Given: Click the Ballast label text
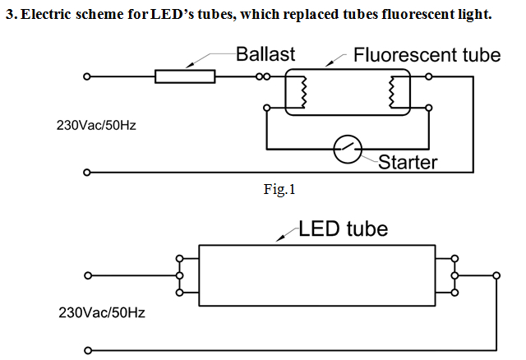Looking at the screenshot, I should click(265, 55).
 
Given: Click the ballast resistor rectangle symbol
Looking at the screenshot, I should click(185, 76).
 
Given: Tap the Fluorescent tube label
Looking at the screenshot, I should click(427, 55).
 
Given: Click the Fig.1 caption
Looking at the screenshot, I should click(279, 191).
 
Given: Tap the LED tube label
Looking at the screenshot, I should click(343, 228).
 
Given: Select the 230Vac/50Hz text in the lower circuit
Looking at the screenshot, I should click(93, 313).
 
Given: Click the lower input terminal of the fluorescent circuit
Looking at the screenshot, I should click(87, 173).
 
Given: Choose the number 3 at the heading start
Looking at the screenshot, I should click(9, 16).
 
